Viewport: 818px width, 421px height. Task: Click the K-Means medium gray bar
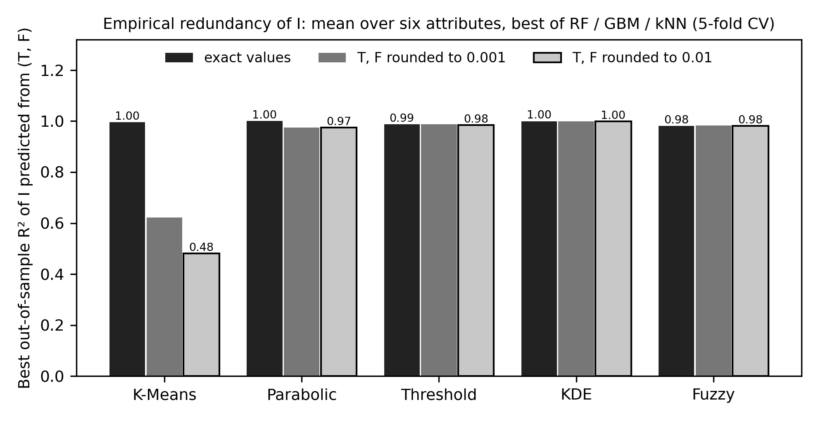coord(164,297)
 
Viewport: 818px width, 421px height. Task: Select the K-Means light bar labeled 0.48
coord(201,315)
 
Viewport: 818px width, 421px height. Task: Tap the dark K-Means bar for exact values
coord(127,249)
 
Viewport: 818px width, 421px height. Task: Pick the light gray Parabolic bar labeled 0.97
coord(339,252)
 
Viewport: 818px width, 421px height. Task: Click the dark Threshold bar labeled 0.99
coord(402,250)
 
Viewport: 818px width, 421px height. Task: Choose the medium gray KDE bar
coord(576,249)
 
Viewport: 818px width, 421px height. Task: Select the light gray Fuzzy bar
coord(750,251)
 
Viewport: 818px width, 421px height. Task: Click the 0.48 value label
coord(201,247)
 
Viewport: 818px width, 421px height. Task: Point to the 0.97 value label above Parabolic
coord(339,121)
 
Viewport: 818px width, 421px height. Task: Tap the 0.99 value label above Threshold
coord(402,118)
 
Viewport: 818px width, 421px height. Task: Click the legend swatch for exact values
coord(179,58)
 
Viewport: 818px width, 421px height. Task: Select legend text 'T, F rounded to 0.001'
coord(431,58)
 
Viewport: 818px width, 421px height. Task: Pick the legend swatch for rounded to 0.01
coord(547,58)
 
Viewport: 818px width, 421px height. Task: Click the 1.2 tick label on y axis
coord(52,71)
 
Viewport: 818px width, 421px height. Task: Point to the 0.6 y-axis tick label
coord(52,224)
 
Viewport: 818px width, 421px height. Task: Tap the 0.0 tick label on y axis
coord(52,376)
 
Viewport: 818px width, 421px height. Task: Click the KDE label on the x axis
coord(576,395)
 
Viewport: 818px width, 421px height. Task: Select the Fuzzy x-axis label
coord(713,395)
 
